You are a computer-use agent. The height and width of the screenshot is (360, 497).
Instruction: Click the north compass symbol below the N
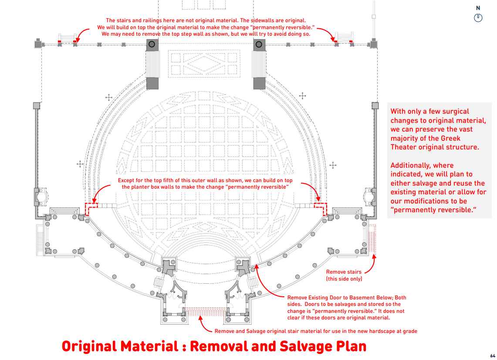tap(478, 18)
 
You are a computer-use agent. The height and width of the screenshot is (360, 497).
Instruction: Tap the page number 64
tap(493, 356)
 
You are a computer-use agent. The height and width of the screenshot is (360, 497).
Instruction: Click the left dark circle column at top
tap(152, 44)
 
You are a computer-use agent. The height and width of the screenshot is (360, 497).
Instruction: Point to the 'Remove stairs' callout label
tap(344, 272)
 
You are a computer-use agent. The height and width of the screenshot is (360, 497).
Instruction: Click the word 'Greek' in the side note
tap(450, 138)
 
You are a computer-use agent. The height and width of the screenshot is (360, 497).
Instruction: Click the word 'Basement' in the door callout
tap(361, 298)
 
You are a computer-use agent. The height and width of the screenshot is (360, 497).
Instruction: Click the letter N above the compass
tap(478, 8)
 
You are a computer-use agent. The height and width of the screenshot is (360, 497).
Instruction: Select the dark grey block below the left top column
tap(152, 83)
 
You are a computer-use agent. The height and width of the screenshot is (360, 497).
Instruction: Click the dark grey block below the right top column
tap(259, 83)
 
